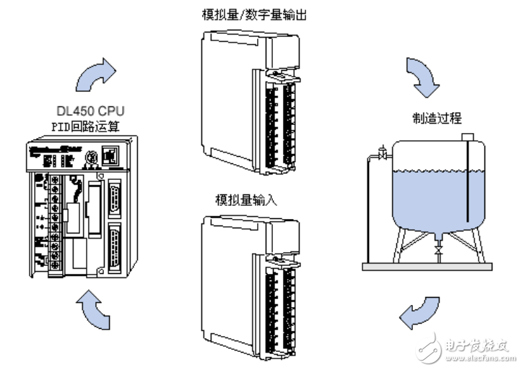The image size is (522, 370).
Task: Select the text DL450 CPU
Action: point(90,111)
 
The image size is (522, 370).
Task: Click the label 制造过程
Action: point(436,118)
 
